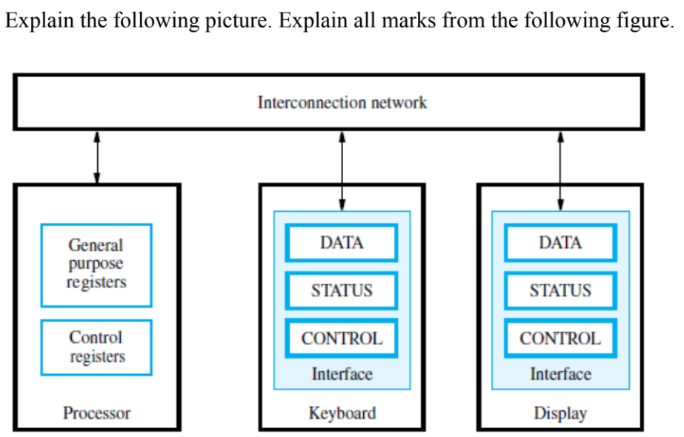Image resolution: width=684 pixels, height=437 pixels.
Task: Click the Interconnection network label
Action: [x=342, y=102]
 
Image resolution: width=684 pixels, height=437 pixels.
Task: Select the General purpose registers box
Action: [x=96, y=264]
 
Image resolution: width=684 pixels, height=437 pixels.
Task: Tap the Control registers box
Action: [x=96, y=347]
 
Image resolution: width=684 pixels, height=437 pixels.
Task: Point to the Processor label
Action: [x=96, y=413]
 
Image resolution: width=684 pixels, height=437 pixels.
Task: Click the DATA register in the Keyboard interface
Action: [x=342, y=242]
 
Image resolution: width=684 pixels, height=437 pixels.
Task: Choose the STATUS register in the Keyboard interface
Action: [x=342, y=290]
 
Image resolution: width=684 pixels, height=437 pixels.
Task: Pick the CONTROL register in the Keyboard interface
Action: [x=342, y=338]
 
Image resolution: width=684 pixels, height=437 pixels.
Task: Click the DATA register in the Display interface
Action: [x=560, y=242]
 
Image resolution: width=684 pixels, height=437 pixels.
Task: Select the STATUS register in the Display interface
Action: [x=560, y=290]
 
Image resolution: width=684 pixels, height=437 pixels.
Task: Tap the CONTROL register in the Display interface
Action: [x=560, y=338]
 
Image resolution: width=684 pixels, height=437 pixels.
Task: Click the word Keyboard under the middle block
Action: [x=342, y=413]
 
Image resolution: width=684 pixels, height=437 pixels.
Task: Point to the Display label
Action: [x=560, y=413]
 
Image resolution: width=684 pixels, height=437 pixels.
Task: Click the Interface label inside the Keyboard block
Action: [x=342, y=374]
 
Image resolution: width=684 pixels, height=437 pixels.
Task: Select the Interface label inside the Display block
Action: [x=560, y=374]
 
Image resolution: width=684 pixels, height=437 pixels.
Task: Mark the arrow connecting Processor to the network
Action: [x=96, y=157]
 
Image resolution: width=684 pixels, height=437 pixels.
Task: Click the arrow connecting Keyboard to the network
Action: [x=342, y=169]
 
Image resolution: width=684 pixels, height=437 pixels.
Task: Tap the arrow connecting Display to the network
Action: [x=560, y=169]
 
